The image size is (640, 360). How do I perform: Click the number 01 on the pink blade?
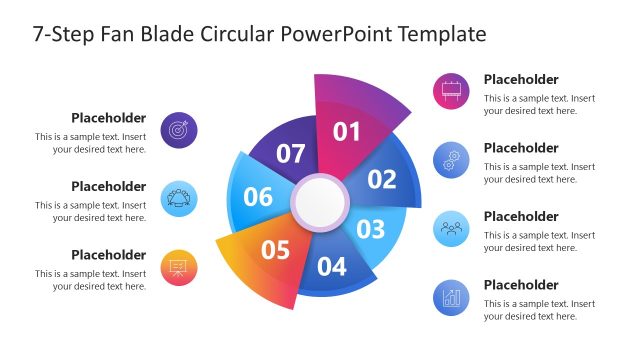click(x=346, y=131)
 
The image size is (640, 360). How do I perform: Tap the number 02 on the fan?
click(x=382, y=180)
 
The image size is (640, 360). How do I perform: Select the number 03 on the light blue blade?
click(x=371, y=229)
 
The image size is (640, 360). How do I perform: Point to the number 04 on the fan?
click(x=332, y=267)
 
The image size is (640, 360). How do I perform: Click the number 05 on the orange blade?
click(x=276, y=249)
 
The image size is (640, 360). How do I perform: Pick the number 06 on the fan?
click(x=258, y=197)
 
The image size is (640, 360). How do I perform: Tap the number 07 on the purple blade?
click(x=291, y=154)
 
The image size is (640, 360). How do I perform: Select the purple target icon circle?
click(x=179, y=130)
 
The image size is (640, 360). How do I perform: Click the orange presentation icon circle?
click(x=179, y=267)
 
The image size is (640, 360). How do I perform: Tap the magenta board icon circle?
click(x=452, y=91)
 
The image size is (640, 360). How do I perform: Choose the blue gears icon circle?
click(x=452, y=160)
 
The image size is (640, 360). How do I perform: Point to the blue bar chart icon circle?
click(x=452, y=297)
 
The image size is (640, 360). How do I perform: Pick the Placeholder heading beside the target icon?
click(x=108, y=118)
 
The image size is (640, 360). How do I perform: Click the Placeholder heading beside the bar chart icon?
click(x=521, y=285)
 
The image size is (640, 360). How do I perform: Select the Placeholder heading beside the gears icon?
click(x=521, y=148)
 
